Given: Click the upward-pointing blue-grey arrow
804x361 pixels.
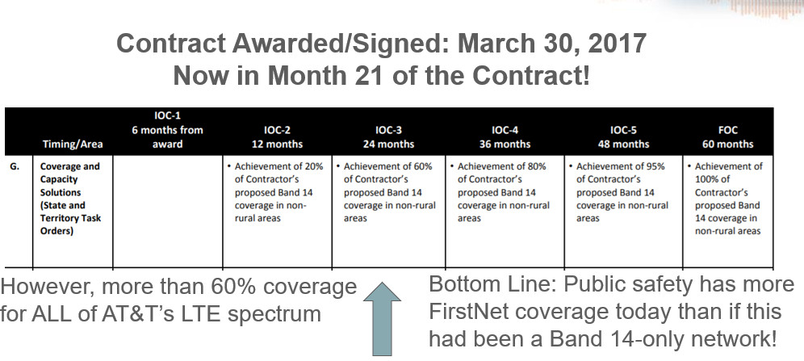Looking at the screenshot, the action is tap(382, 318).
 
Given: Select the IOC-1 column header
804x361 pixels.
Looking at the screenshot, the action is tap(167, 130).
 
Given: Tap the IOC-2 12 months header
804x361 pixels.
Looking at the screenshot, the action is tap(278, 137).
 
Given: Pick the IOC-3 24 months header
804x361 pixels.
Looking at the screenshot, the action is tap(388, 137).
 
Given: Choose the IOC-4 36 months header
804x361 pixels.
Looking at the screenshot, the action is tap(505, 137).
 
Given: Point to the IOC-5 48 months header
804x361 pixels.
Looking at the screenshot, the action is tap(623, 137).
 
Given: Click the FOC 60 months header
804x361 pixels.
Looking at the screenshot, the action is tap(727, 137).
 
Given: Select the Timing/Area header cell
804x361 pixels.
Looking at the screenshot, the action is tap(73, 144).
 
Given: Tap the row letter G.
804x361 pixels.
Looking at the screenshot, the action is tap(15, 166).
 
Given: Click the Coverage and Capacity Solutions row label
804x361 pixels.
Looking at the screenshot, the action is tap(70, 199).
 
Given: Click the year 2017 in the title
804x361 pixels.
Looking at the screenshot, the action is tap(617, 44).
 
